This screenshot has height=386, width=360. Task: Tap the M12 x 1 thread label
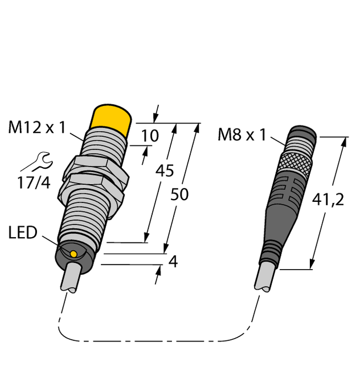click(x=37, y=127)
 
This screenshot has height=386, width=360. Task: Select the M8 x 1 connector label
click(x=242, y=135)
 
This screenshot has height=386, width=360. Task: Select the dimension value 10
click(x=150, y=136)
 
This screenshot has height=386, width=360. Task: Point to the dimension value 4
click(x=174, y=262)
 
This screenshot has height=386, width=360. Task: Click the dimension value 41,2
click(x=332, y=200)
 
